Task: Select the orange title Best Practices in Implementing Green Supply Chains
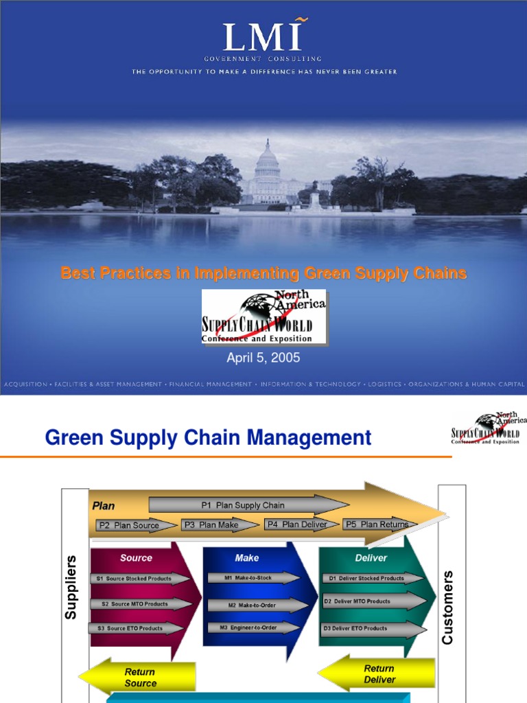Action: tap(263, 273)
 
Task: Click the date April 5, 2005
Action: tap(263, 358)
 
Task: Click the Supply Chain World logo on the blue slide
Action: tap(263, 316)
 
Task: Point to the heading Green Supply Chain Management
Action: tap(208, 437)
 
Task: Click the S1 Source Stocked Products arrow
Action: tap(139, 579)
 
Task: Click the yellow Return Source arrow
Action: tap(138, 677)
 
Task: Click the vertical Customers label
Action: tap(448, 607)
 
